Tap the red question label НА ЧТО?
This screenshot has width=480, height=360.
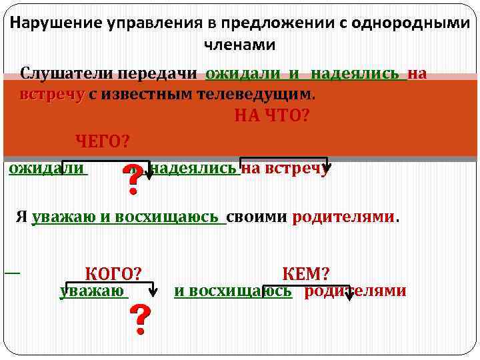point(271,117)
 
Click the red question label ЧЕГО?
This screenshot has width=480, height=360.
point(102,141)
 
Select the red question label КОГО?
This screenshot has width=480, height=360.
point(113,273)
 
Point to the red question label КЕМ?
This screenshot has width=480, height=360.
point(306,273)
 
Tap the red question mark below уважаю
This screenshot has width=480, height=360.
point(139,320)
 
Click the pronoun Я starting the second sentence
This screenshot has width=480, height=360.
point(22,217)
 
